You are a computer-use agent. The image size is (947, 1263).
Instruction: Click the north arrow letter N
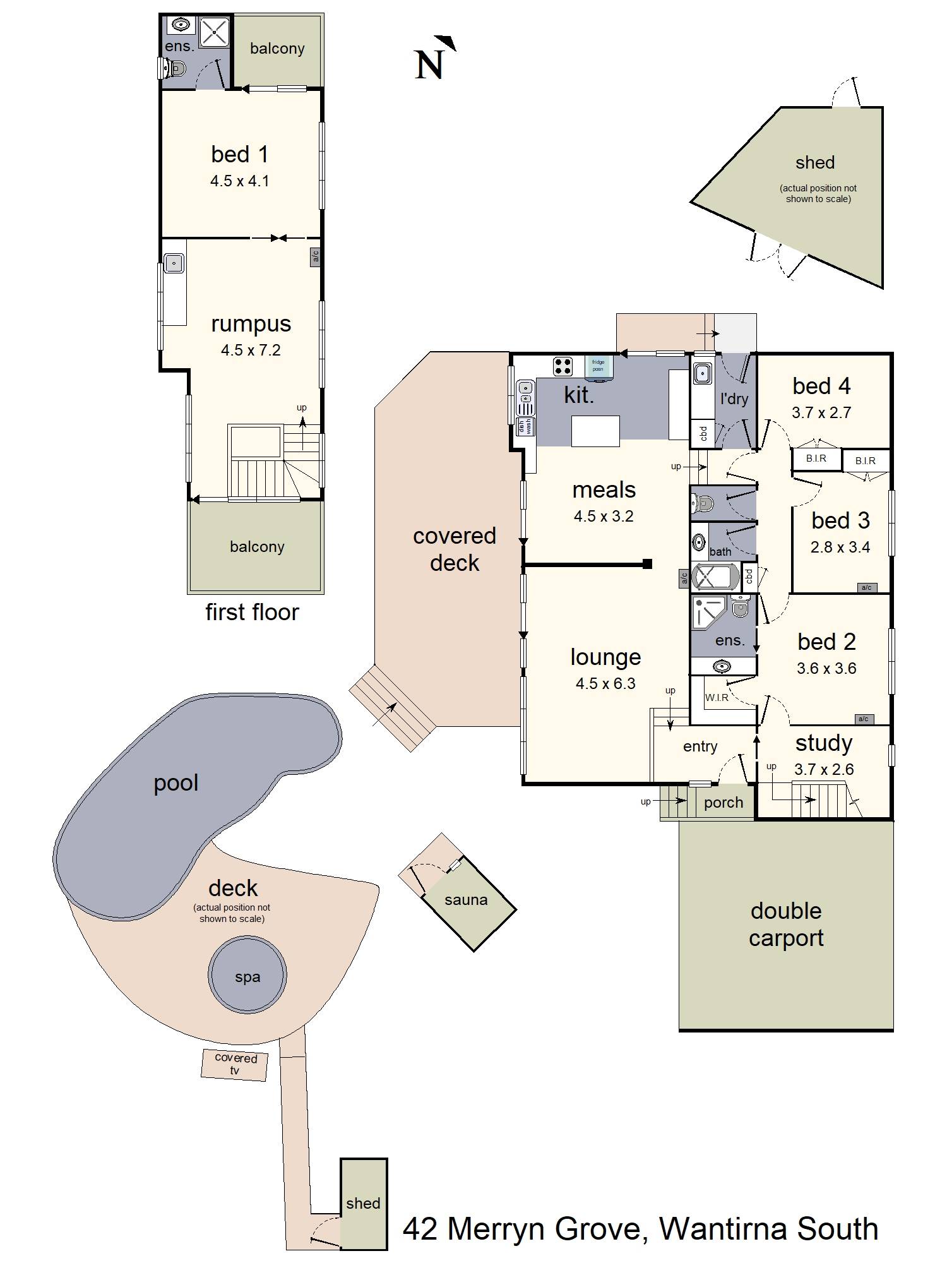[429, 64]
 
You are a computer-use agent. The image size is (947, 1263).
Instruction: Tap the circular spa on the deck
[247, 975]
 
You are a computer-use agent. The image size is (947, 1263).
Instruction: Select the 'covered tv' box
[235, 1064]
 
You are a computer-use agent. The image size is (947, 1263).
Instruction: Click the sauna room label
[466, 900]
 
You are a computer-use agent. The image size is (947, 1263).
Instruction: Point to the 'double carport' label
[786, 925]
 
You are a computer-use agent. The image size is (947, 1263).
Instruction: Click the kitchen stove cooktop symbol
[563, 366]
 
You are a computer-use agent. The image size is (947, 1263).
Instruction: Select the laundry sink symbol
[702, 374]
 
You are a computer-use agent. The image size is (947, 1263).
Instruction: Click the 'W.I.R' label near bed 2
[717, 698]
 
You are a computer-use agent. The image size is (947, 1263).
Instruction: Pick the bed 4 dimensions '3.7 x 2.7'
[821, 412]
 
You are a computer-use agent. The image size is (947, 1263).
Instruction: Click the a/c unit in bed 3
[866, 587]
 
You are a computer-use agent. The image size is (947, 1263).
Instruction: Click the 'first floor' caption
[252, 612]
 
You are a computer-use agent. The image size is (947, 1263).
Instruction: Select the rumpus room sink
[174, 263]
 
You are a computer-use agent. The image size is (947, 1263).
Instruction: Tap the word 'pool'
[176, 784]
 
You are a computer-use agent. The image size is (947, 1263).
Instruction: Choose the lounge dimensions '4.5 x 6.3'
[605, 683]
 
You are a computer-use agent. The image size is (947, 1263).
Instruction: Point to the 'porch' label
[724, 803]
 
